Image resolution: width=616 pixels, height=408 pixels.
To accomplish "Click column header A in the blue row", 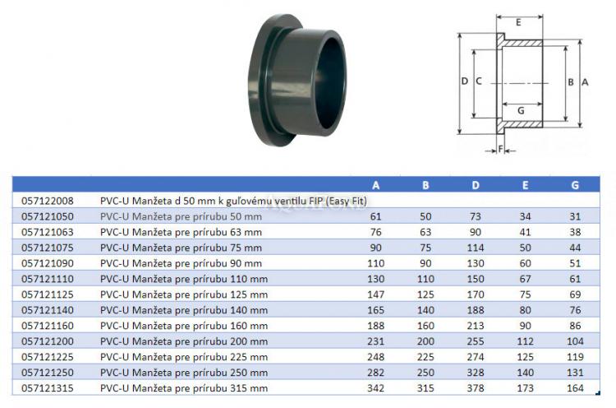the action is (375, 185).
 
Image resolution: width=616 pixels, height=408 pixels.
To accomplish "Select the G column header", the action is (575, 185).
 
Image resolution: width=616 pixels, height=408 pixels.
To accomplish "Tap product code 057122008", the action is (48, 201).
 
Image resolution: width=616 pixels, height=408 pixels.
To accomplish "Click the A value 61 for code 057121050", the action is (375, 216).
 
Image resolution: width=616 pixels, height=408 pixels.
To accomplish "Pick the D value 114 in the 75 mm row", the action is (476, 248).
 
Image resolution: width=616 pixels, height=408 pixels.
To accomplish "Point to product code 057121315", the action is (48, 388).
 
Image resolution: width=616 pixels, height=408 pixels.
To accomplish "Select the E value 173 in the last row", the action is (526, 388).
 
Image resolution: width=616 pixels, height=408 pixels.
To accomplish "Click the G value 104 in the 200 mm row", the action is (575, 341).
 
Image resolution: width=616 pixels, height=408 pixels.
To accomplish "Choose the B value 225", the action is (425, 357).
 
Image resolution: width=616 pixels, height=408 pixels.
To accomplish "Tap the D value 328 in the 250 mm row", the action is (476, 372).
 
